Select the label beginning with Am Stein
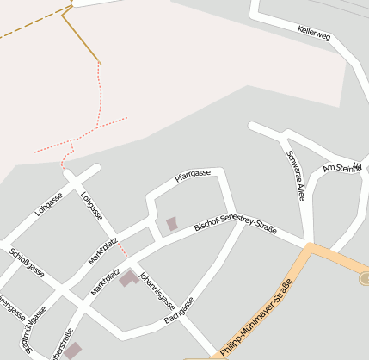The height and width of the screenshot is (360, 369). [x=339, y=167]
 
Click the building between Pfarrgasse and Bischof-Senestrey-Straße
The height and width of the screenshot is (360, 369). [x=172, y=224]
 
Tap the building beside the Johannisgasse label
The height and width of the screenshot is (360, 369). [x=129, y=278]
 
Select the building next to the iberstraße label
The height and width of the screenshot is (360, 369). [x=74, y=351]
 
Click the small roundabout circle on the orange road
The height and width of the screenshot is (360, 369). [x=364, y=278]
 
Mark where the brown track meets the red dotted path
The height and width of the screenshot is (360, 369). [x=100, y=62]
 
